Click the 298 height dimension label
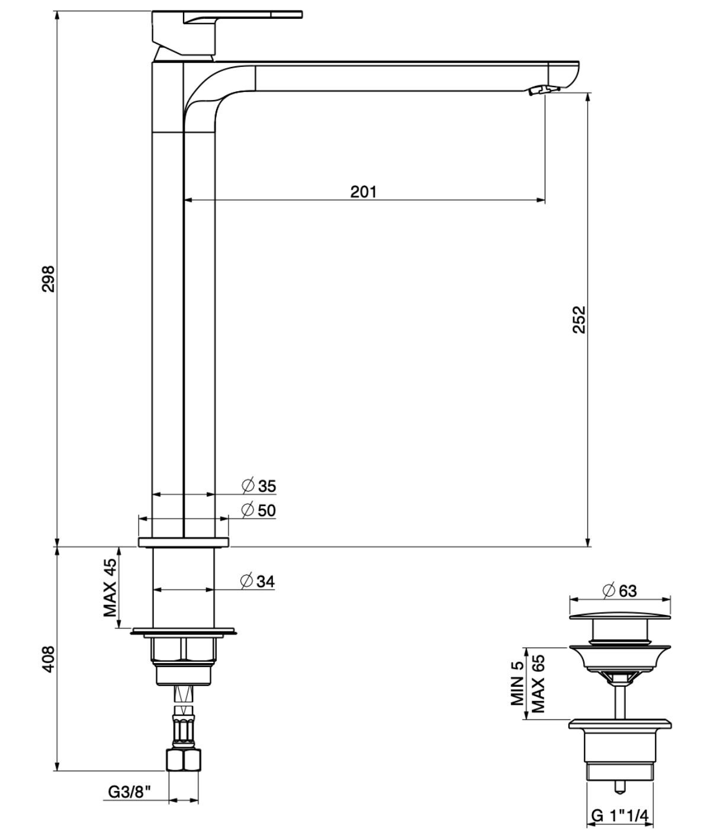click(x=48, y=278)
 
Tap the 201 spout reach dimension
click(x=364, y=191)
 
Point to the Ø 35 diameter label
click(x=259, y=486)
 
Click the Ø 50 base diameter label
click(x=259, y=510)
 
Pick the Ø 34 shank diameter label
click(x=258, y=582)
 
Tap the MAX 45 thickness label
click(x=110, y=588)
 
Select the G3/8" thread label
click(x=129, y=790)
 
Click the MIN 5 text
click(x=518, y=683)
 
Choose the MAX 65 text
click(x=537, y=683)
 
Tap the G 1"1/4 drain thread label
click(x=620, y=816)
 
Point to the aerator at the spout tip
click(x=543, y=90)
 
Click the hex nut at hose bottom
click(x=184, y=760)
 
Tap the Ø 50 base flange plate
click(x=184, y=542)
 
